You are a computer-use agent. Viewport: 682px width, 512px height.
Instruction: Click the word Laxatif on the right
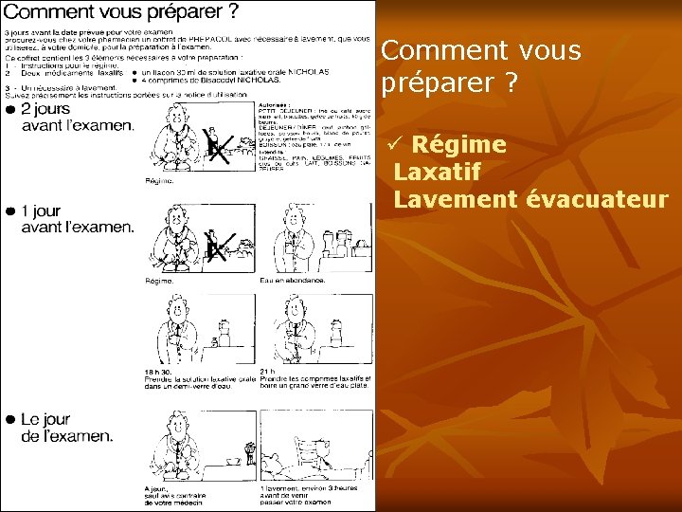click(x=437, y=173)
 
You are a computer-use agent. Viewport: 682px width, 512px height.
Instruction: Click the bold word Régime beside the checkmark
click(x=459, y=145)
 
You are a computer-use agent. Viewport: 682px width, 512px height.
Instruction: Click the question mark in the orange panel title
click(x=511, y=83)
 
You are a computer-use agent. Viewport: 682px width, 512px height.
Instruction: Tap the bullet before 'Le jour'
click(x=10, y=419)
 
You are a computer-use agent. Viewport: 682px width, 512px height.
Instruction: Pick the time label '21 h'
click(x=267, y=372)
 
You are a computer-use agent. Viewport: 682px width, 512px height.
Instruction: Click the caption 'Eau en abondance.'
click(x=293, y=281)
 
